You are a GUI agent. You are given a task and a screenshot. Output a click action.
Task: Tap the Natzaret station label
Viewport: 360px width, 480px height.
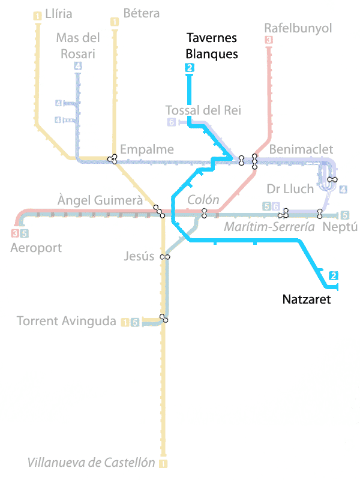pos(307,298)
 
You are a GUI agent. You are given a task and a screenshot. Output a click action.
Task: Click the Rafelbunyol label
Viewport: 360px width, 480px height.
pos(298,28)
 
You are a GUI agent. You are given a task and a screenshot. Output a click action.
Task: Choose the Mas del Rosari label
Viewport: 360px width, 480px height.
pos(77,46)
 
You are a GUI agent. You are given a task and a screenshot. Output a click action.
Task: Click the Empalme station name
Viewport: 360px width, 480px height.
pos(147,149)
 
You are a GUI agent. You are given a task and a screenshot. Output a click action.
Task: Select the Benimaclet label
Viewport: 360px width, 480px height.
pos(301,149)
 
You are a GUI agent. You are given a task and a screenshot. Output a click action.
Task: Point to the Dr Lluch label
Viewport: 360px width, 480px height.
pos(290,189)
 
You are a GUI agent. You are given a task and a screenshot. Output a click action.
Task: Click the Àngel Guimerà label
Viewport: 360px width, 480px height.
pos(100,200)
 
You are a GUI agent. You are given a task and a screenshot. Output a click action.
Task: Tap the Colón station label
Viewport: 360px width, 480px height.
pos(203,200)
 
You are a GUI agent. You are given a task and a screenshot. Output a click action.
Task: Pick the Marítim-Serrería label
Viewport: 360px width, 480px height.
pos(269,227)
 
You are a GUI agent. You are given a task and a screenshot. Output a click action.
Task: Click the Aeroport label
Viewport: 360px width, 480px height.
pos(36,247)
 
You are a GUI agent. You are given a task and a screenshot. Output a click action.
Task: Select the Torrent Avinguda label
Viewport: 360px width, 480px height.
pos(66,321)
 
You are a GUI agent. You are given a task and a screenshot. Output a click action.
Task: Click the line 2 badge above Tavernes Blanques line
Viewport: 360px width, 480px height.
pos(190,68)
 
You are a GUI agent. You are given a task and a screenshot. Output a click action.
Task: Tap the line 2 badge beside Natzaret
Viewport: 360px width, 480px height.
pos(334,276)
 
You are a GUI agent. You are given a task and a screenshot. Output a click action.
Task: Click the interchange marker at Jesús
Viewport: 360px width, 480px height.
pos(164,257)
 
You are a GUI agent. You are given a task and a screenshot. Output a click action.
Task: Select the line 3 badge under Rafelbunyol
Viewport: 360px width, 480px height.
pos(269,40)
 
